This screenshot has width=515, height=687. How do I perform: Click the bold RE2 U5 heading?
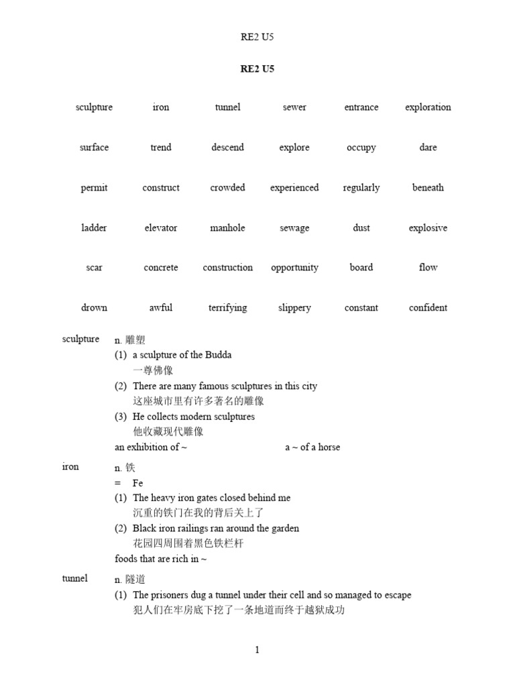[x=257, y=68]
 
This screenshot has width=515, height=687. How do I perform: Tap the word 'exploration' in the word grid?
[x=428, y=107]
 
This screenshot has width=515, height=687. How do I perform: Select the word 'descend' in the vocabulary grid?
[x=227, y=148]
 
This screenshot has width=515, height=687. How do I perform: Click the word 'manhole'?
[x=227, y=228]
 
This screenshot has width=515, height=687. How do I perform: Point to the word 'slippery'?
[x=294, y=308]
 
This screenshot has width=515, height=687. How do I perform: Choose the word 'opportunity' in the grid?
[x=294, y=268]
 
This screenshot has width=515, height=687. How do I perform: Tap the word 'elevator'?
[x=161, y=228]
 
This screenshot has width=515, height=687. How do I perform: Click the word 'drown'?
[x=94, y=308]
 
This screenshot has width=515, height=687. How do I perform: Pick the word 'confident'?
[x=428, y=308]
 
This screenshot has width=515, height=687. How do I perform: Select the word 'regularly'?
[x=361, y=188]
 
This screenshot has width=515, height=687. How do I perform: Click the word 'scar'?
[x=94, y=268]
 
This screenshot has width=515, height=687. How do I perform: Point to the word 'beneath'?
[x=428, y=188]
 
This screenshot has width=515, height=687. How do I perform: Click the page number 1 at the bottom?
[x=257, y=649]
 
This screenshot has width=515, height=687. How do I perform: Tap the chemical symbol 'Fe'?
[x=137, y=483]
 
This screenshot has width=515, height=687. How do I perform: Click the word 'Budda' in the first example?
[x=219, y=355]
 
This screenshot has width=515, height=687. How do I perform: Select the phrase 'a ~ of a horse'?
[x=312, y=447]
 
